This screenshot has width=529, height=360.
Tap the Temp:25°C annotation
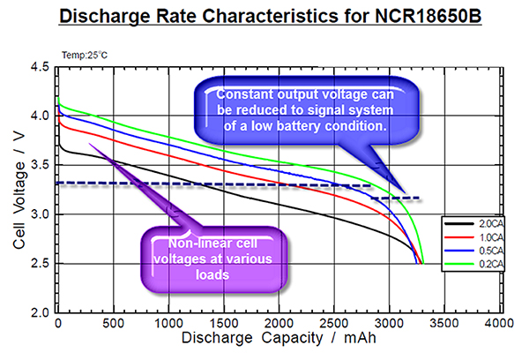tap(85, 55)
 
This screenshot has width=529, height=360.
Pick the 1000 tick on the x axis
tap(168, 325)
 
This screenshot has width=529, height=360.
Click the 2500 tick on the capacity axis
tap(334, 325)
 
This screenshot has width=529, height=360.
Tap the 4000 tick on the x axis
tap(500, 325)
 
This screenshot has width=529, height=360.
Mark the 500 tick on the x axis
tap(113, 325)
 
